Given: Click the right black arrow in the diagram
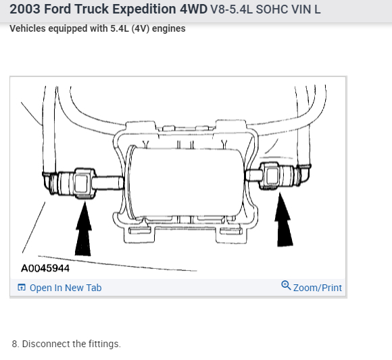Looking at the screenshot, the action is tap(283, 220).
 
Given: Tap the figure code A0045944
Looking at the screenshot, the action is tap(45, 268).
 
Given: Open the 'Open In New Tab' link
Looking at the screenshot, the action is tap(66, 288).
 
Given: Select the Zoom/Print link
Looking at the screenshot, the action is tap(317, 288).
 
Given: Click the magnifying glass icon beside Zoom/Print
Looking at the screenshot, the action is tap(286, 286).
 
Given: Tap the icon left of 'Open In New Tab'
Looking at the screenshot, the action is tap(22, 288).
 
